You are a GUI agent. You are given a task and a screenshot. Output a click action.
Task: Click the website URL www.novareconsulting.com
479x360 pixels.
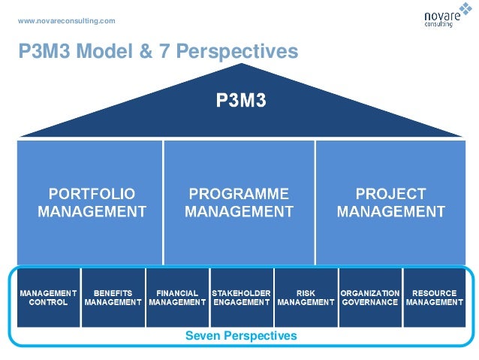(x=66, y=20)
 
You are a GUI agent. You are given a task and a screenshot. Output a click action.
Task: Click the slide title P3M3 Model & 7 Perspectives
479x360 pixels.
(x=158, y=51)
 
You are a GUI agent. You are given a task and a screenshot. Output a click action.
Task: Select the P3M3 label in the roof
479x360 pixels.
(x=241, y=101)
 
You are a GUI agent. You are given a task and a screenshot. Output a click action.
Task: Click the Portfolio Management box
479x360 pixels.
(x=92, y=201)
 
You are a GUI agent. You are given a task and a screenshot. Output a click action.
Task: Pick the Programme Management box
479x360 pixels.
(x=239, y=201)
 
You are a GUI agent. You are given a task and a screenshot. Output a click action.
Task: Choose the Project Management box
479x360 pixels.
(x=390, y=201)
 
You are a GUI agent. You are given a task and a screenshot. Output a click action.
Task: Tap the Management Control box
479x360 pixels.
(x=48, y=297)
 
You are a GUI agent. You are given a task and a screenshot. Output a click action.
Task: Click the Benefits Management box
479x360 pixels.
(x=113, y=297)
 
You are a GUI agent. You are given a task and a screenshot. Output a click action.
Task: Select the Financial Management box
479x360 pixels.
(x=177, y=297)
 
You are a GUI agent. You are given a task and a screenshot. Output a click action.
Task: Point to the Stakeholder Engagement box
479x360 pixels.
(x=241, y=297)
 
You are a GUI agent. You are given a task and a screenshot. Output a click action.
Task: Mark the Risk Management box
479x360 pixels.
(x=306, y=297)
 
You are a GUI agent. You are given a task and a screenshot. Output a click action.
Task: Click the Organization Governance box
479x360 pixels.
(x=369, y=297)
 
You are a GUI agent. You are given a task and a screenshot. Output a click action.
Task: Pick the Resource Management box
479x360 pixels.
(x=434, y=297)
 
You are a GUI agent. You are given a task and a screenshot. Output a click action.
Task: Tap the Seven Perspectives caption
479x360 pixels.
(x=240, y=336)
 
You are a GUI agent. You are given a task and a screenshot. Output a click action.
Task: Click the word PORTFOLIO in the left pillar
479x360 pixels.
(x=92, y=194)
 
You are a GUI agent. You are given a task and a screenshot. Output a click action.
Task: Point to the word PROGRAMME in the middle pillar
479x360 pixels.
(x=239, y=194)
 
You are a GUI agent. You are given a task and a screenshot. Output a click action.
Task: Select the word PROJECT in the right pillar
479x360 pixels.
(x=390, y=194)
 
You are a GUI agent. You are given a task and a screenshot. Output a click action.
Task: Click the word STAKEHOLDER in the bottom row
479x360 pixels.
(x=241, y=293)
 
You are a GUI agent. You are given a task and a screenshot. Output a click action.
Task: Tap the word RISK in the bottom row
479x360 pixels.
(x=306, y=293)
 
